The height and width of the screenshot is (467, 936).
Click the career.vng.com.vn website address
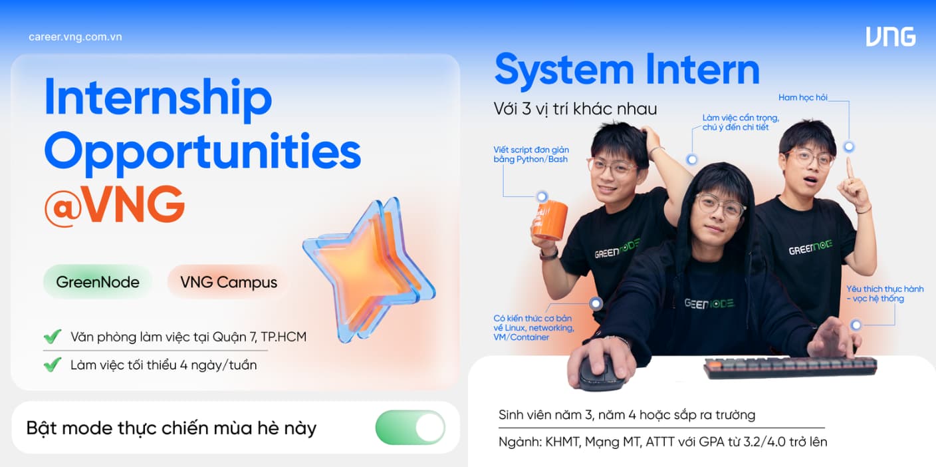click(x=75, y=37)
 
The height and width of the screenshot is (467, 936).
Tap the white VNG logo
click(x=890, y=37)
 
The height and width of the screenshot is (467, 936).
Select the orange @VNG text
click(x=114, y=205)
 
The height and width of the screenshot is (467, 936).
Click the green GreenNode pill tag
click(x=98, y=282)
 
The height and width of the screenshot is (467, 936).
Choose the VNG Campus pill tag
click(x=229, y=282)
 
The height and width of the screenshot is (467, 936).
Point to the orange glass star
click(x=368, y=267)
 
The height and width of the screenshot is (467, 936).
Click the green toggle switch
click(x=410, y=428)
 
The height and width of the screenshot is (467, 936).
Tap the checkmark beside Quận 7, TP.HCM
click(x=53, y=336)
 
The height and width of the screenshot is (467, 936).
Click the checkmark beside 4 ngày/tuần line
click(x=53, y=365)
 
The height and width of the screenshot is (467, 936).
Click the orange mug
click(x=550, y=220)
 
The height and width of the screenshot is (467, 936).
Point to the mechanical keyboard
click(x=790, y=367)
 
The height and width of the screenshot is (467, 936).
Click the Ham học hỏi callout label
click(x=802, y=97)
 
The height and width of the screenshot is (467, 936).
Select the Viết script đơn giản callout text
click(x=531, y=154)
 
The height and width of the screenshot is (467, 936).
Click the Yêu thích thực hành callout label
click(x=885, y=293)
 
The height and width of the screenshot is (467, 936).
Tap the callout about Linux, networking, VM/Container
click(x=534, y=328)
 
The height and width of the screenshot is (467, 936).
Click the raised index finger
click(x=849, y=170)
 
